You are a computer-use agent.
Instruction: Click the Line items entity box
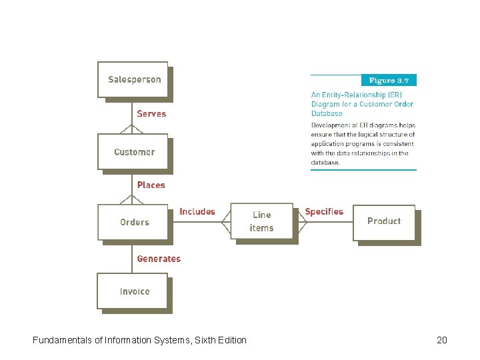click(x=261, y=221)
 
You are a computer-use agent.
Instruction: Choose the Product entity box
click(x=383, y=221)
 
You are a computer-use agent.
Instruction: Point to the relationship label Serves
click(x=151, y=114)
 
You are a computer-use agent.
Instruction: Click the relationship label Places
click(x=151, y=185)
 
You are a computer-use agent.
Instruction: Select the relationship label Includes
click(x=197, y=212)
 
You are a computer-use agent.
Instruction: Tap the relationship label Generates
click(x=159, y=259)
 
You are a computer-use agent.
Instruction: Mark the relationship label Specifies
click(x=324, y=212)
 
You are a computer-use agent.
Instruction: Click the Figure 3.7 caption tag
click(x=389, y=81)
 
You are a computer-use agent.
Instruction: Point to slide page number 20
click(x=441, y=340)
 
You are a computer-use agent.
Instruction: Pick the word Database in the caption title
click(x=327, y=113)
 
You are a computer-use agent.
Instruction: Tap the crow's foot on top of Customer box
click(x=126, y=130)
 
